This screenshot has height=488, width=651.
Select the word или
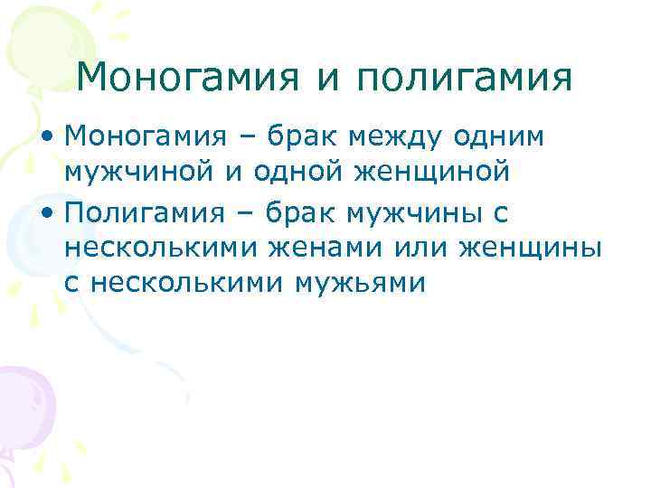[x=410, y=247]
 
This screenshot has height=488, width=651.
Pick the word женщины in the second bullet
[x=529, y=247]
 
